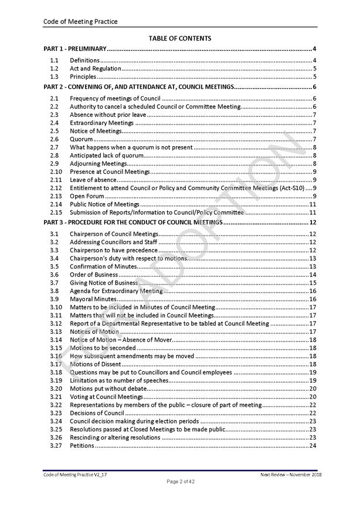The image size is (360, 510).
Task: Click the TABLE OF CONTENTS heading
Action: (x=180, y=38)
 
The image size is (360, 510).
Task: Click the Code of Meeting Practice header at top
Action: (x=80, y=22)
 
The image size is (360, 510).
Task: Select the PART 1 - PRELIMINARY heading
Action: (x=75, y=49)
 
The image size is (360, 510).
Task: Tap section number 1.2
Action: (x=54, y=69)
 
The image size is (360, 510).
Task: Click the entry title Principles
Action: (x=83, y=77)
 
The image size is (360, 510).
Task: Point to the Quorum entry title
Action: (x=81, y=140)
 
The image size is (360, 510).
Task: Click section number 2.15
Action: (x=56, y=212)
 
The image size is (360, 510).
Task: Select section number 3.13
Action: (x=56, y=332)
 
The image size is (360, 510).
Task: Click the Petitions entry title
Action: (x=82, y=445)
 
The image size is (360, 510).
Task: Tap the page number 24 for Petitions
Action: (x=313, y=445)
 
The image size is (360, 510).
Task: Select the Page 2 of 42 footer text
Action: (x=179, y=481)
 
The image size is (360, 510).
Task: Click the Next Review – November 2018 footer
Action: (x=291, y=474)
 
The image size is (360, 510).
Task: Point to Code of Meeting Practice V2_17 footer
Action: (x=73, y=474)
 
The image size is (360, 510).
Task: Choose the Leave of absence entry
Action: (x=93, y=180)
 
